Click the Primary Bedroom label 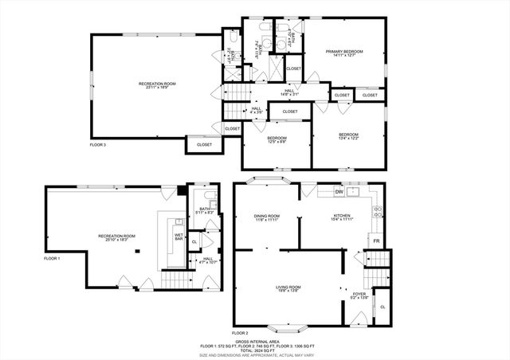pyautogui.click(x=344, y=52)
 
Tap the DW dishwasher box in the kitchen pyautogui.click(x=339, y=192)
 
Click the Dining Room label pyautogui.click(x=266, y=216)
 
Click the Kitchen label pyautogui.click(x=342, y=216)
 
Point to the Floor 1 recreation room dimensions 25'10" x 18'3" pyautogui.click(x=116, y=240)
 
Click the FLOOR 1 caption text pyautogui.click(x=52, y=259)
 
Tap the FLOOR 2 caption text pyautogui.click(x=240, y=332)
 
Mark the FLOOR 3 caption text pyautogui.click(x=97, y=145)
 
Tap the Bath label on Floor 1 pyautogui.click(x=205, y=209)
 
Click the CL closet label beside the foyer pyautogui.click(x=382, y=307)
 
